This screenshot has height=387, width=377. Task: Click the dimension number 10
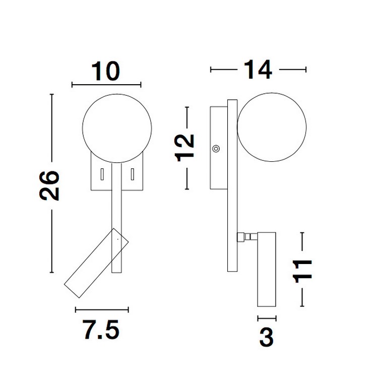pyautogui.click(x=106, y=71)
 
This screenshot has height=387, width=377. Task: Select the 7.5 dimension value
pyautogui.click(x=101, y=331)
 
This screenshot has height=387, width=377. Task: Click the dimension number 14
pyautogui.click(x=258, y=70)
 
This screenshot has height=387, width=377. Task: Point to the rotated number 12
pyautogui.click(x=186, y=147)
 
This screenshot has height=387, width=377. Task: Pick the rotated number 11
pyautogui.click(x=302, y=269)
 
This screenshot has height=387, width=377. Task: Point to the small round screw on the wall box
pyautogui.click(x=216, y=148)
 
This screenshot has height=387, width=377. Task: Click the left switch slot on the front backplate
pyautogui.click(x=102, y=174)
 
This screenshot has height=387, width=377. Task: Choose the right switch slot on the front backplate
pyautogui.click(x=133, y=174)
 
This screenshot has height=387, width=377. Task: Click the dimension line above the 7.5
pyautogui.click(x=102, y=309)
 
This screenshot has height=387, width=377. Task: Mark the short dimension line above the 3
pyautogui.click(x=267, y=318)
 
